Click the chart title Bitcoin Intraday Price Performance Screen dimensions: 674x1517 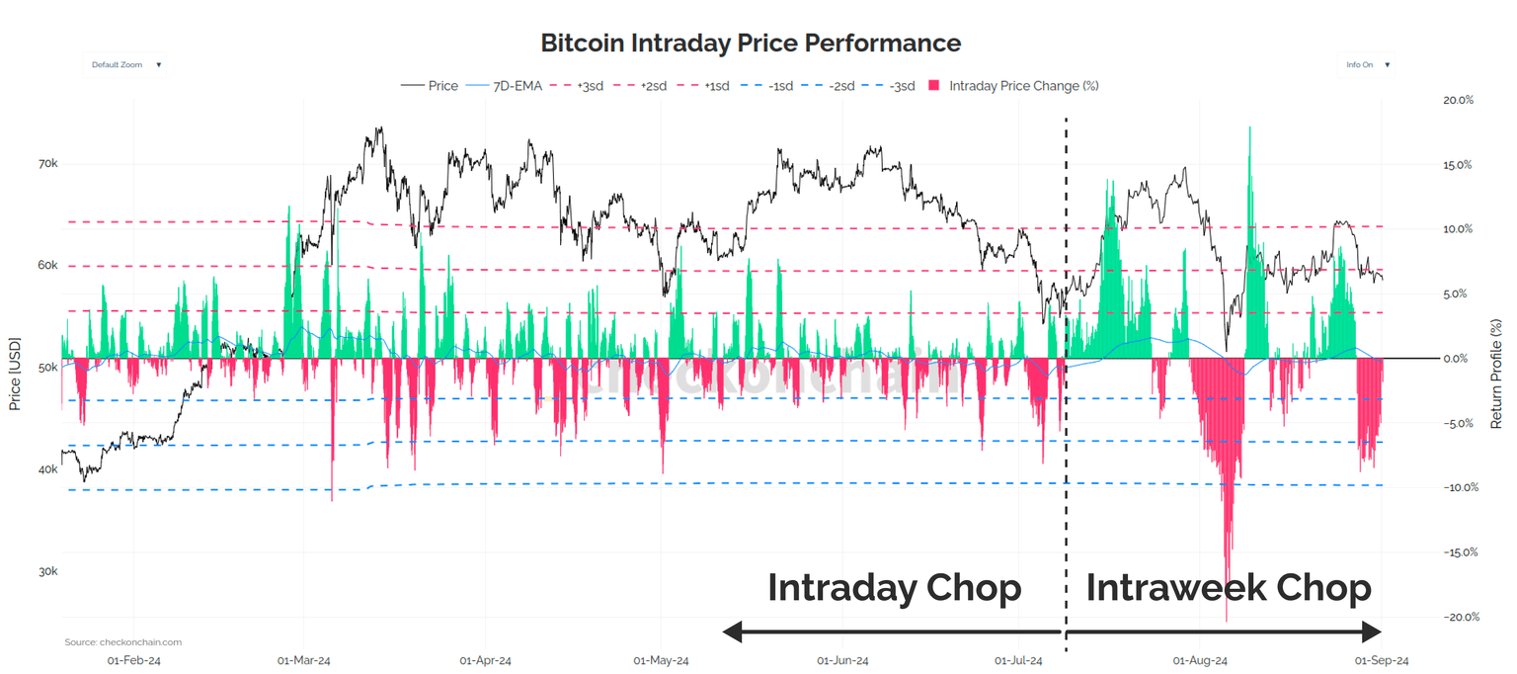coord(750,43)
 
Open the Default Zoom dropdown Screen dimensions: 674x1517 coord(125,65)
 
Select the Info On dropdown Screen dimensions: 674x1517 coord(1368,65)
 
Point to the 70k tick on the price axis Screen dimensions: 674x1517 coord(47,164)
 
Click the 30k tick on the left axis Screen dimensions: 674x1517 coord(47,572)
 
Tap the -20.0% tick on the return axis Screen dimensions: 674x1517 coord(1457,618)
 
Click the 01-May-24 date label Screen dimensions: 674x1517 coord(661,660)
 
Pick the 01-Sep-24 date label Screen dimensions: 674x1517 coord(1381,660)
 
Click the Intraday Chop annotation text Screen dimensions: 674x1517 coord(894,588)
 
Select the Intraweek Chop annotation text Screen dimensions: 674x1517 coord(1229,588)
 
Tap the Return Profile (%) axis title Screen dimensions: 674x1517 coord(1496,373)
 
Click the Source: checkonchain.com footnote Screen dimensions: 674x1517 coord(123,642)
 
